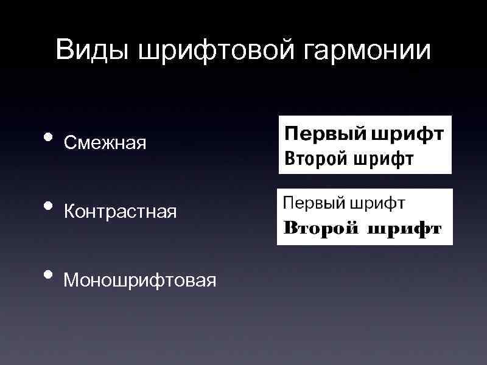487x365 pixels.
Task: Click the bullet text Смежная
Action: [x=105, y=143]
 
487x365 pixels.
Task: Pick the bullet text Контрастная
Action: [x=121, y=212]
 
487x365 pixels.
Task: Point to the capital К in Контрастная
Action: [x=69, y=212]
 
